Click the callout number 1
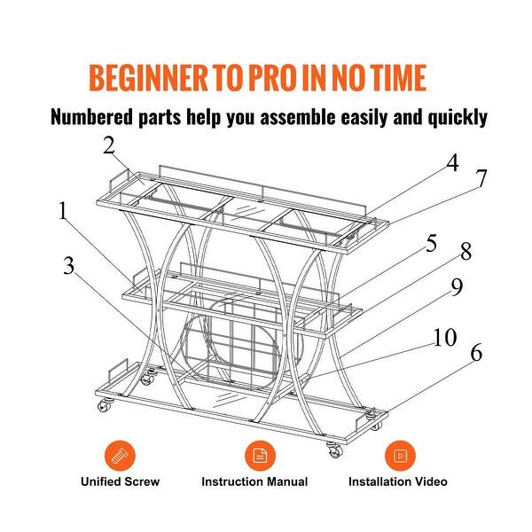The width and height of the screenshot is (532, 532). pyautogui.click(x=63, y=211)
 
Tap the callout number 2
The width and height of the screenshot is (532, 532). pyautogui.click(x=109, y=146)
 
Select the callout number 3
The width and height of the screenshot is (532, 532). pyautogui.click(x=69, y=266)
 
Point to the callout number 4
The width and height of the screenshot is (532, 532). pyautogui.click(x=452, y=162)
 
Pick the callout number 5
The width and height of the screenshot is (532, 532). pyautogui.click(x=431, y=243)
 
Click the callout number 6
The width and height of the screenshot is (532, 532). pyautogui.click(x=476, y=353)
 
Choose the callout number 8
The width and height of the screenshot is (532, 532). pyautogui.click(x=466, y=252)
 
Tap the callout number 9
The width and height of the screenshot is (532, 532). pyautogui.click(x=457, y=286)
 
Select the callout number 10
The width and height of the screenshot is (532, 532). pyautogui.click(x=445, y=337)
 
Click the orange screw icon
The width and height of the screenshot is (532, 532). pyautogui.click(x=120, y=456)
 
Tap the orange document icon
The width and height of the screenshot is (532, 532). pyautogui.click(x=260, y=456)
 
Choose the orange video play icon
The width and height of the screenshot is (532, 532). pyautogui.click(x=400, y=456)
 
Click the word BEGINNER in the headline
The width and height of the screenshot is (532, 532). pyautogui.click(x=149, y=78)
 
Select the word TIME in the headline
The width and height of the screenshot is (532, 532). pyautogui.click(x=399, y=78)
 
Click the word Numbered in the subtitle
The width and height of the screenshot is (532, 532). pyautogui.click(x=91, y=117)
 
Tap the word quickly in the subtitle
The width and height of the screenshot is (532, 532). pyautogui.click(x=457, y=118)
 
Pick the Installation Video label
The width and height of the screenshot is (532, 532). pyautogui.click(x=397, y=481)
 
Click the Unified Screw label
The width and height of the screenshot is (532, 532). pyautogui.click(x=120, y=481)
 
